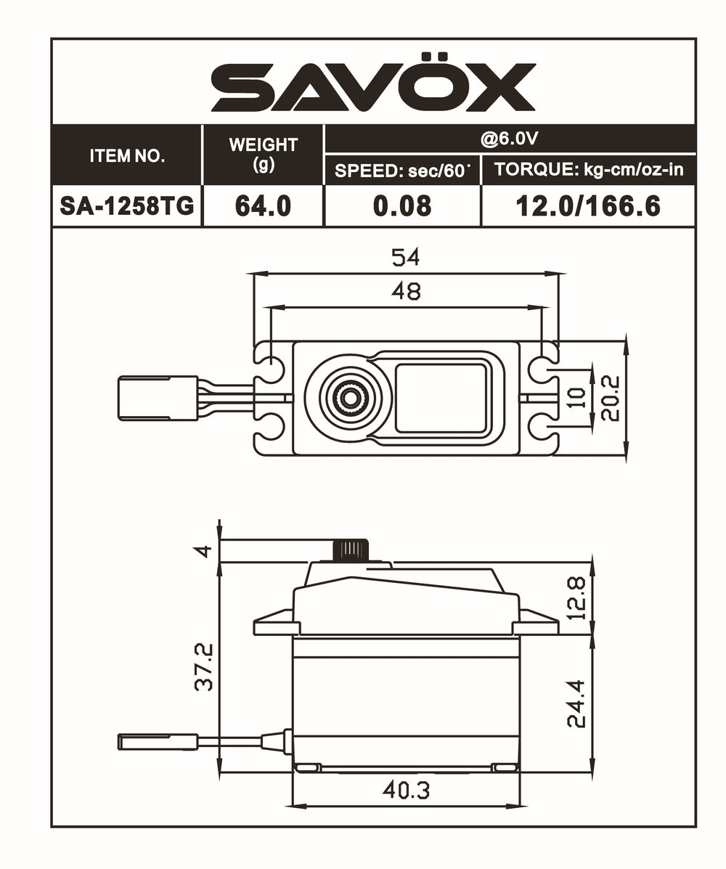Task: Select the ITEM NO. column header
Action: (x=127, y=155)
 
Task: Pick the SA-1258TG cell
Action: (x=127, y=206)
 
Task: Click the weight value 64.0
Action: (x=263, y=206)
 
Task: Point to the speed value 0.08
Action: (x=401, y=206)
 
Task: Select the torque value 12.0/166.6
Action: (x=587, y=206)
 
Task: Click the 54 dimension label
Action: (x=406, y=257)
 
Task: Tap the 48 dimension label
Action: (x=406, y=291)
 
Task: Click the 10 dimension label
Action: (x=578, y=398)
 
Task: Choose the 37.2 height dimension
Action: (x=205, y=666)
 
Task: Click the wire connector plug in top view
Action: (x=158, y=397)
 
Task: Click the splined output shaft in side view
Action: (x=351, y=550)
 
